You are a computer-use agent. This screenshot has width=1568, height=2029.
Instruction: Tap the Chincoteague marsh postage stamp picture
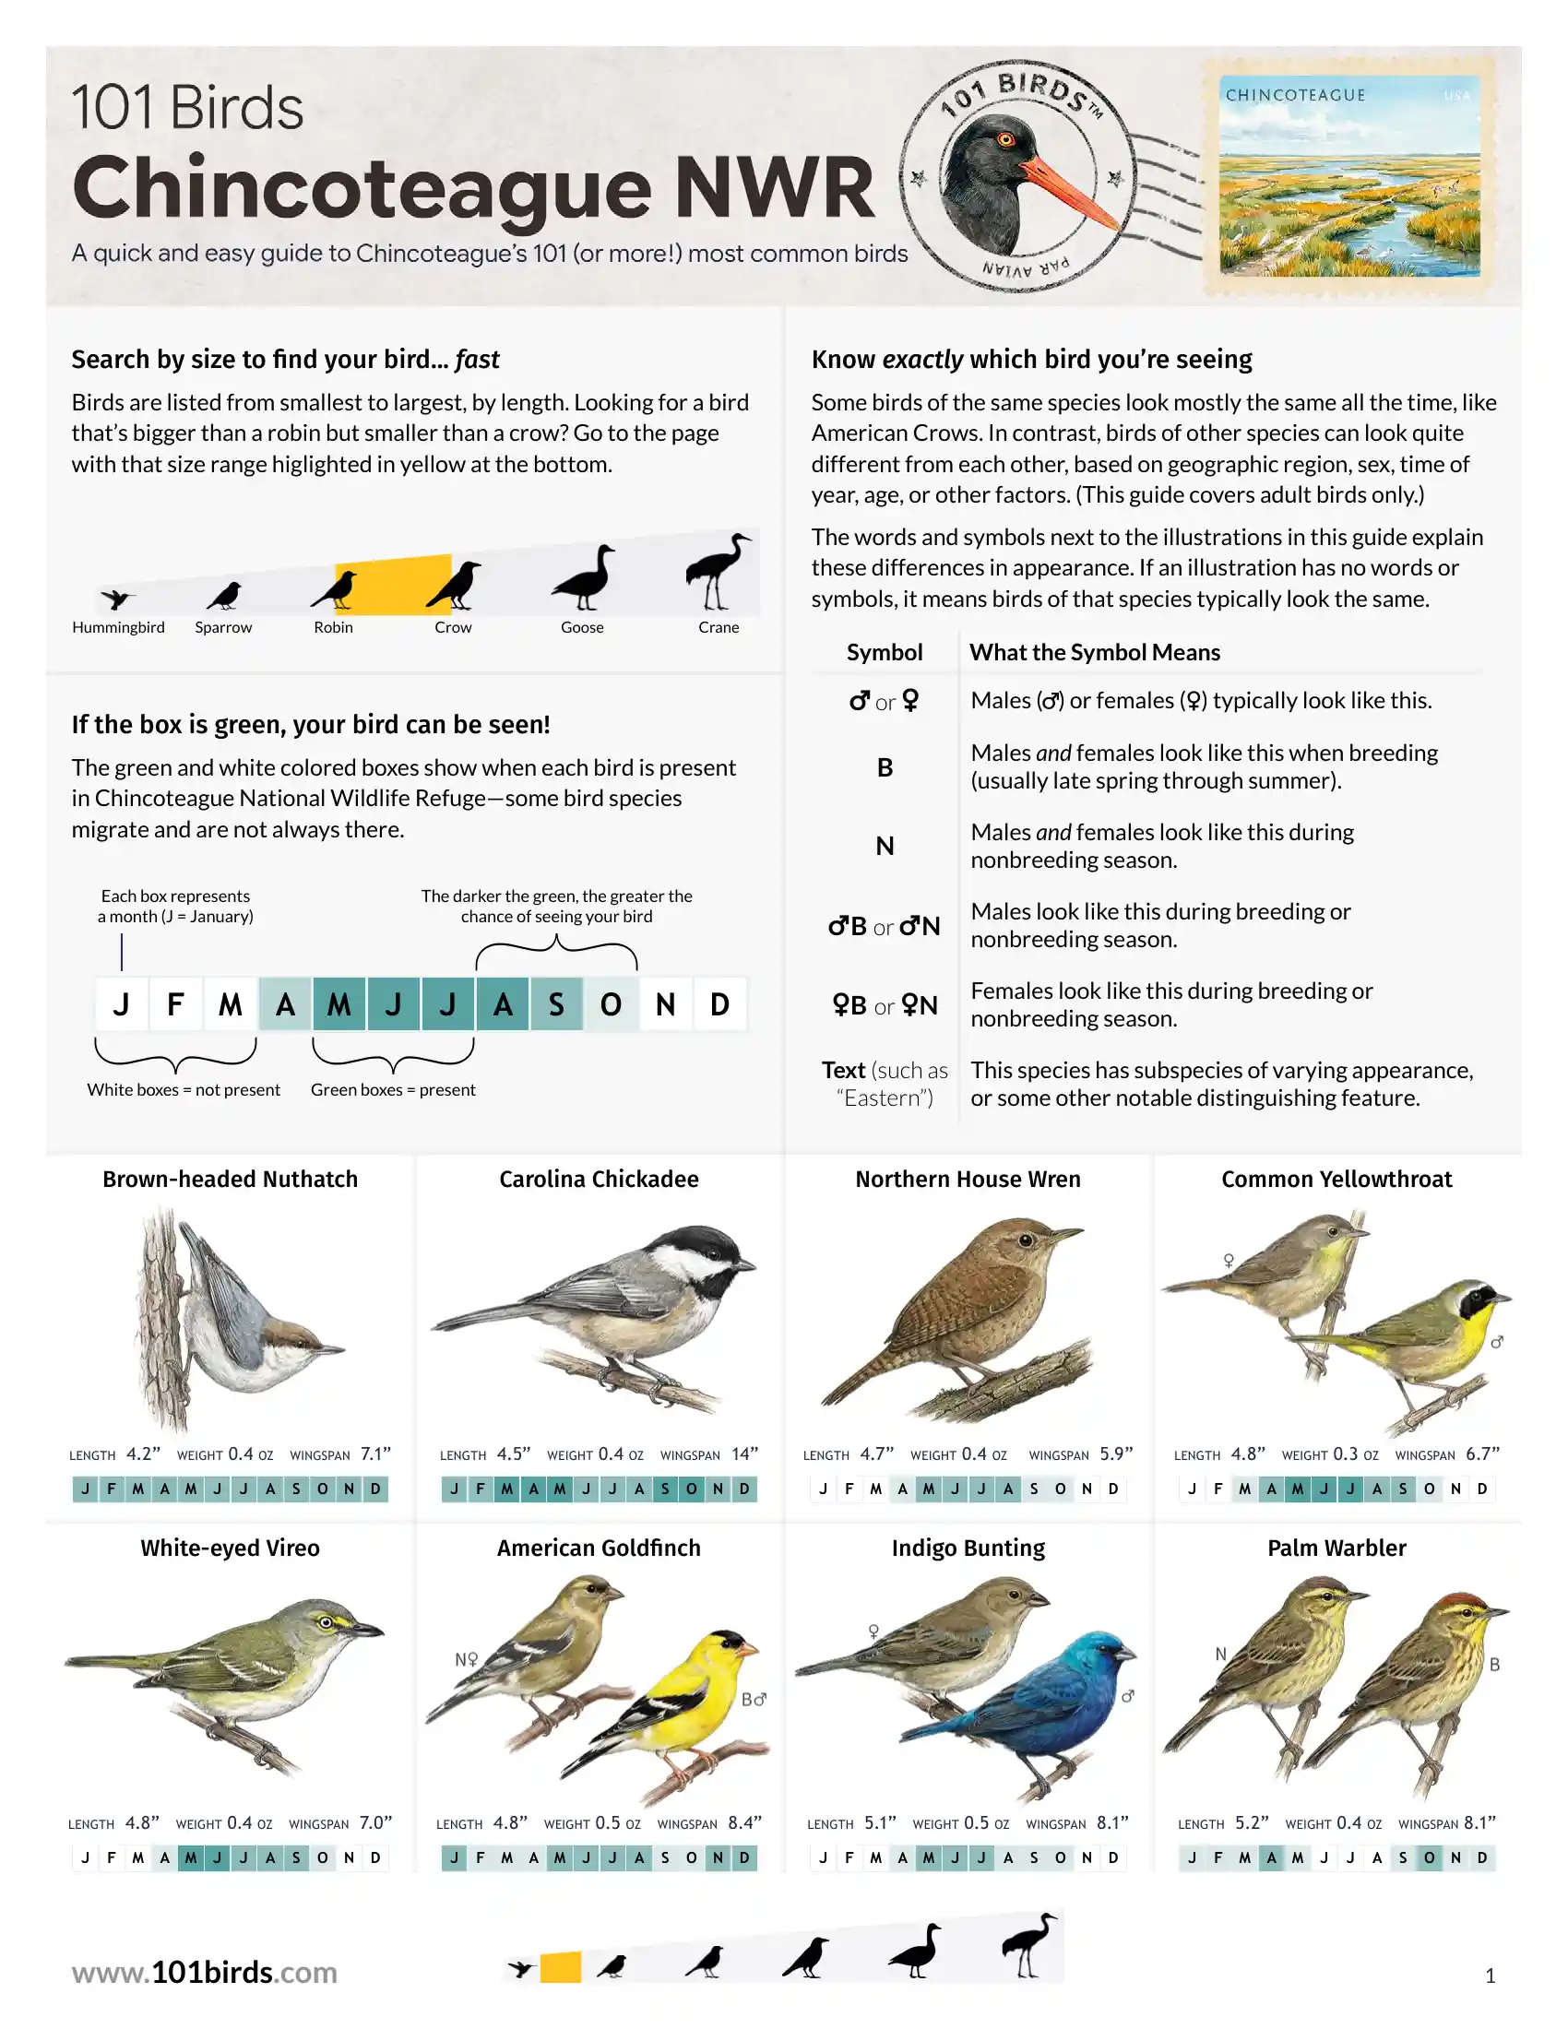tap(1349, 176)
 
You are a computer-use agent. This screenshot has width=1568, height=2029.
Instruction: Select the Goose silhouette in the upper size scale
tap(583, 577)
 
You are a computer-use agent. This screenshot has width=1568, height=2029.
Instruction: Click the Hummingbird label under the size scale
tap(118, 627)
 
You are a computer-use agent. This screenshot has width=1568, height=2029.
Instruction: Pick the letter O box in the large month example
tap(611, 1004)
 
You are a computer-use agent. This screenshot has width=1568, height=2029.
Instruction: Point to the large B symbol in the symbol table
tap(885, 767)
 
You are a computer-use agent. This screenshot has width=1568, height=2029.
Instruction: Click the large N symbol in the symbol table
tap(885, 847)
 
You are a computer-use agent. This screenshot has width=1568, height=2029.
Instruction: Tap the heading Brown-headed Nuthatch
tap(231, 1179)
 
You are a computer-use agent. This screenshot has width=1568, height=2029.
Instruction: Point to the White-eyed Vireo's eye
tap(325, 1622)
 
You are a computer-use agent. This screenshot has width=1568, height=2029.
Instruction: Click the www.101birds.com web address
tap(205, 1973)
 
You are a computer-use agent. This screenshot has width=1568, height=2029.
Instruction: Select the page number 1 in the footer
tap(1490, 1976)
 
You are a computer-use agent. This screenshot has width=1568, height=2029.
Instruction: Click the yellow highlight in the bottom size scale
tap(560, 1967)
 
